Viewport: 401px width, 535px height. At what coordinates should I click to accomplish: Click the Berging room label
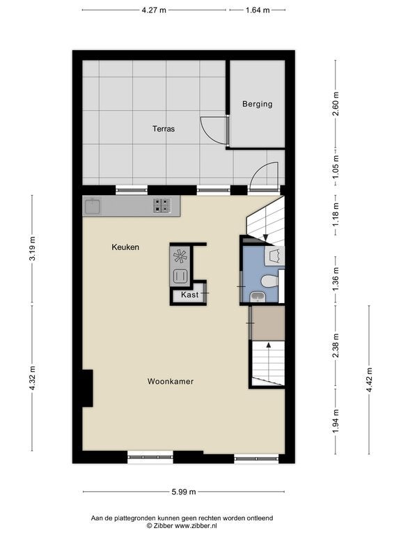point(258,104)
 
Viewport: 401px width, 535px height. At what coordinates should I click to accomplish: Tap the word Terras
point(164,129)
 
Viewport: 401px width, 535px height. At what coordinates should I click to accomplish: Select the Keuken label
point(125,247)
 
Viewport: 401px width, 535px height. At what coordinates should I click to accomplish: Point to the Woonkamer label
point(171,382)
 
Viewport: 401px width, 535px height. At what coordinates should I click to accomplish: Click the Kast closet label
point(189,295)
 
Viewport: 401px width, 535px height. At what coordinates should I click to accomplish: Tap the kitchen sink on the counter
point(93,206)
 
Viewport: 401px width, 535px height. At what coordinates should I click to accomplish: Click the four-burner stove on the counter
point(162,206)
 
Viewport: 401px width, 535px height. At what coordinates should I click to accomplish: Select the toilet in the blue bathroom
point(270,282)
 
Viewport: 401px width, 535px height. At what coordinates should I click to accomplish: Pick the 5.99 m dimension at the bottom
point(184,492)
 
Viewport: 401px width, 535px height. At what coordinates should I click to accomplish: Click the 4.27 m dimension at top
point(154,10)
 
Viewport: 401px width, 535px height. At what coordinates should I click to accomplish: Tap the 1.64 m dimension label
point(258,10)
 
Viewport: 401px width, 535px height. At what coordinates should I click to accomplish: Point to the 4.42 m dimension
point(369,380)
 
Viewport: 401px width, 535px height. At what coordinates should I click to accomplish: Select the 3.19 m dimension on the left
point(33,249)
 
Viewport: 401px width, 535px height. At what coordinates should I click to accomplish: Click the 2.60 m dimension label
point(336,104)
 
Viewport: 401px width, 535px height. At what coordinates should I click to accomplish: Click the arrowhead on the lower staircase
point(269,345)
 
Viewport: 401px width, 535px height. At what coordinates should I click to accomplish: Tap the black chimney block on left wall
point(87,388)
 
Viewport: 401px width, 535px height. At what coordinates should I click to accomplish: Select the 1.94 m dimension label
point(336,421)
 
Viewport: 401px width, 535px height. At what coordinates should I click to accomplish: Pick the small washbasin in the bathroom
point(257,297)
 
